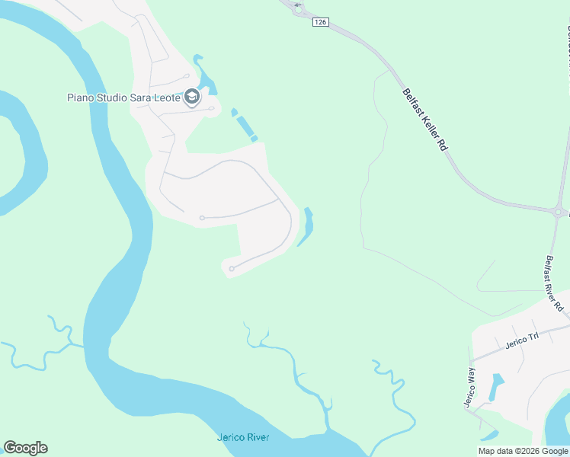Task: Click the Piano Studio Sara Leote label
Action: click(x=123, y=97)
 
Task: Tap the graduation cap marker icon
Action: click(x=192, y=97)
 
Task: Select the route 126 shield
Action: click(x=320, y=23)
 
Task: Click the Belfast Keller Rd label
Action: click(x=424, y=119)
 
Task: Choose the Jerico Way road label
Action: click(x=470, y=388)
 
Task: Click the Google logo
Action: click(x=25, y=448)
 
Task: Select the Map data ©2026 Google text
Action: click(x=523, y=451)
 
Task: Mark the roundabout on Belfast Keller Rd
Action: click(x=559, y=213)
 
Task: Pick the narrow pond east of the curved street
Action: click(x=307, y=226)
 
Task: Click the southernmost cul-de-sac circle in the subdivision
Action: click(x=231, y=268)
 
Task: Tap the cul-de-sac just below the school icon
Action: click(x=210, y=108)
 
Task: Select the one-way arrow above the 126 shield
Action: click(x=297, y=5)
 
